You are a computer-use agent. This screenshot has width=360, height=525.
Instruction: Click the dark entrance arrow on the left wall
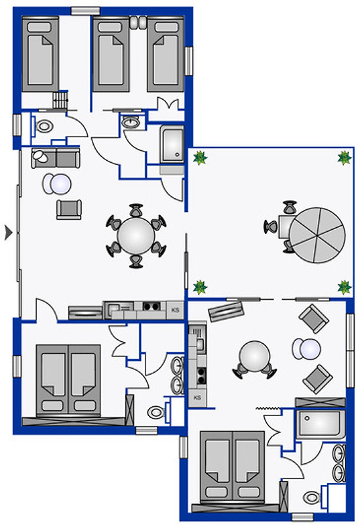point(9,232)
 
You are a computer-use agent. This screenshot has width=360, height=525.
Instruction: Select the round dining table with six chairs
point(136,236)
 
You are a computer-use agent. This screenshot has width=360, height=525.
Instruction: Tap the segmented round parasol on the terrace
point(317,235)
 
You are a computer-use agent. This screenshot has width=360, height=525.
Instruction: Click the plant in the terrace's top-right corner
point(344,157)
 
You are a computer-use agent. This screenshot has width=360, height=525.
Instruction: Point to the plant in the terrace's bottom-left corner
point(200,287)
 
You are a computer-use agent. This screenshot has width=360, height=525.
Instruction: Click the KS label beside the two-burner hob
point(175,310)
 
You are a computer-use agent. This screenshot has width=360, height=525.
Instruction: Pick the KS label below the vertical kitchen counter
point(197,398)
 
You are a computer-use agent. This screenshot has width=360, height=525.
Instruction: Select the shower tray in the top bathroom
point(172,144)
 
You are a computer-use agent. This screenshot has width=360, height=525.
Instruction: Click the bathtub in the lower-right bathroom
point(320,424)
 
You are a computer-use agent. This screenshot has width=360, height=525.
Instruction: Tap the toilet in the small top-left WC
point(44,127)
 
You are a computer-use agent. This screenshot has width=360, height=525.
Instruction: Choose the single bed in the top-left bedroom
point(41,54)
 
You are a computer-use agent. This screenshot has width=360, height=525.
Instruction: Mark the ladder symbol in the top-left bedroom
point(60,100)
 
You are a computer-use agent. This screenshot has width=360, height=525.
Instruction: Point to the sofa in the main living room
point(56,158)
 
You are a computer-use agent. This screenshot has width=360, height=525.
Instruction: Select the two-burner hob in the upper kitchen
point(151,306)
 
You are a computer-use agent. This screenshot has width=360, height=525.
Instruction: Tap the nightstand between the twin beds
point(138,22)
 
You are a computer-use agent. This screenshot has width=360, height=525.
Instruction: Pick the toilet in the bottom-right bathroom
point(313,497)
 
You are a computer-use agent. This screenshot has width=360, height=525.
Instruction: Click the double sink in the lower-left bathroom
point(177,375)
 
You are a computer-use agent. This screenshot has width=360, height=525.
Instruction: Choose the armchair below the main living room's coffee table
point(69,209)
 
